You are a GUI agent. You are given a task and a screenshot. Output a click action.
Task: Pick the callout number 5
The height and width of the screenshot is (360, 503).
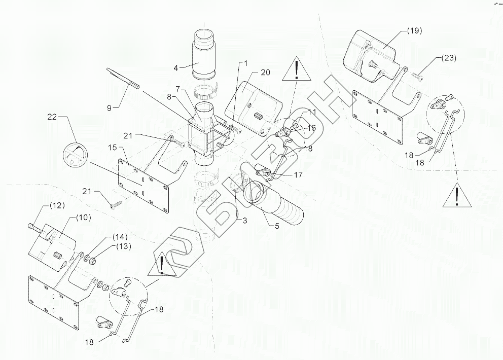click(276, 227)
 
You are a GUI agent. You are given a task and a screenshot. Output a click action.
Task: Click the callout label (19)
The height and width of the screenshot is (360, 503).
click(415, 31)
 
